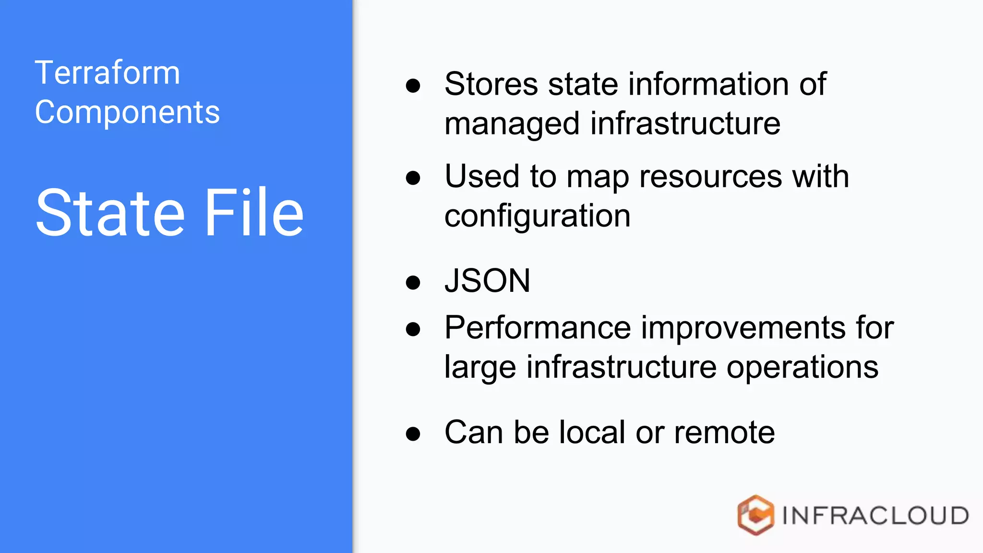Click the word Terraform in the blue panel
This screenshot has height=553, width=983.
click(x=108, y=73)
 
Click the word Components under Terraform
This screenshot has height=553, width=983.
click(x=127, y=112)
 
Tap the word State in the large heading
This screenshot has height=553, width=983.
click(x=110, y=213)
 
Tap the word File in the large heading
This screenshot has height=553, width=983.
click(x=254, y=213)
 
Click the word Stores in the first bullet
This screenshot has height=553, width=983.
click(x=491, y=84)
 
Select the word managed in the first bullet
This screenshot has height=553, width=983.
click(x=512, y=124)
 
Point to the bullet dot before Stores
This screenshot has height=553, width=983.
click(x=413, y=86)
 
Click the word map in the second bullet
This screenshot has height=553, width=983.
click(x=598, y=177)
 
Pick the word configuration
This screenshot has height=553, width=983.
click(x=537, y=216)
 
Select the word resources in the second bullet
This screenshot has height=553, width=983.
click(x=710, y=176)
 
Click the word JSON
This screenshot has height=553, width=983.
click(x=487, y=281)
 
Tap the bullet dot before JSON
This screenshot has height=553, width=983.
click(x=413, y=282)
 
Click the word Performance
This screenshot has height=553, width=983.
click(x=537, y=328)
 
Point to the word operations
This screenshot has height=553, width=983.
click(x=802, y=368)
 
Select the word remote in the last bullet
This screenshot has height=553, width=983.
click(x=724, y=432)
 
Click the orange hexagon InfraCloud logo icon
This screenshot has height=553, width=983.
click(x=755, y=515)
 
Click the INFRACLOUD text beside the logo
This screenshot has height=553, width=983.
click(x=875, y=516)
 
